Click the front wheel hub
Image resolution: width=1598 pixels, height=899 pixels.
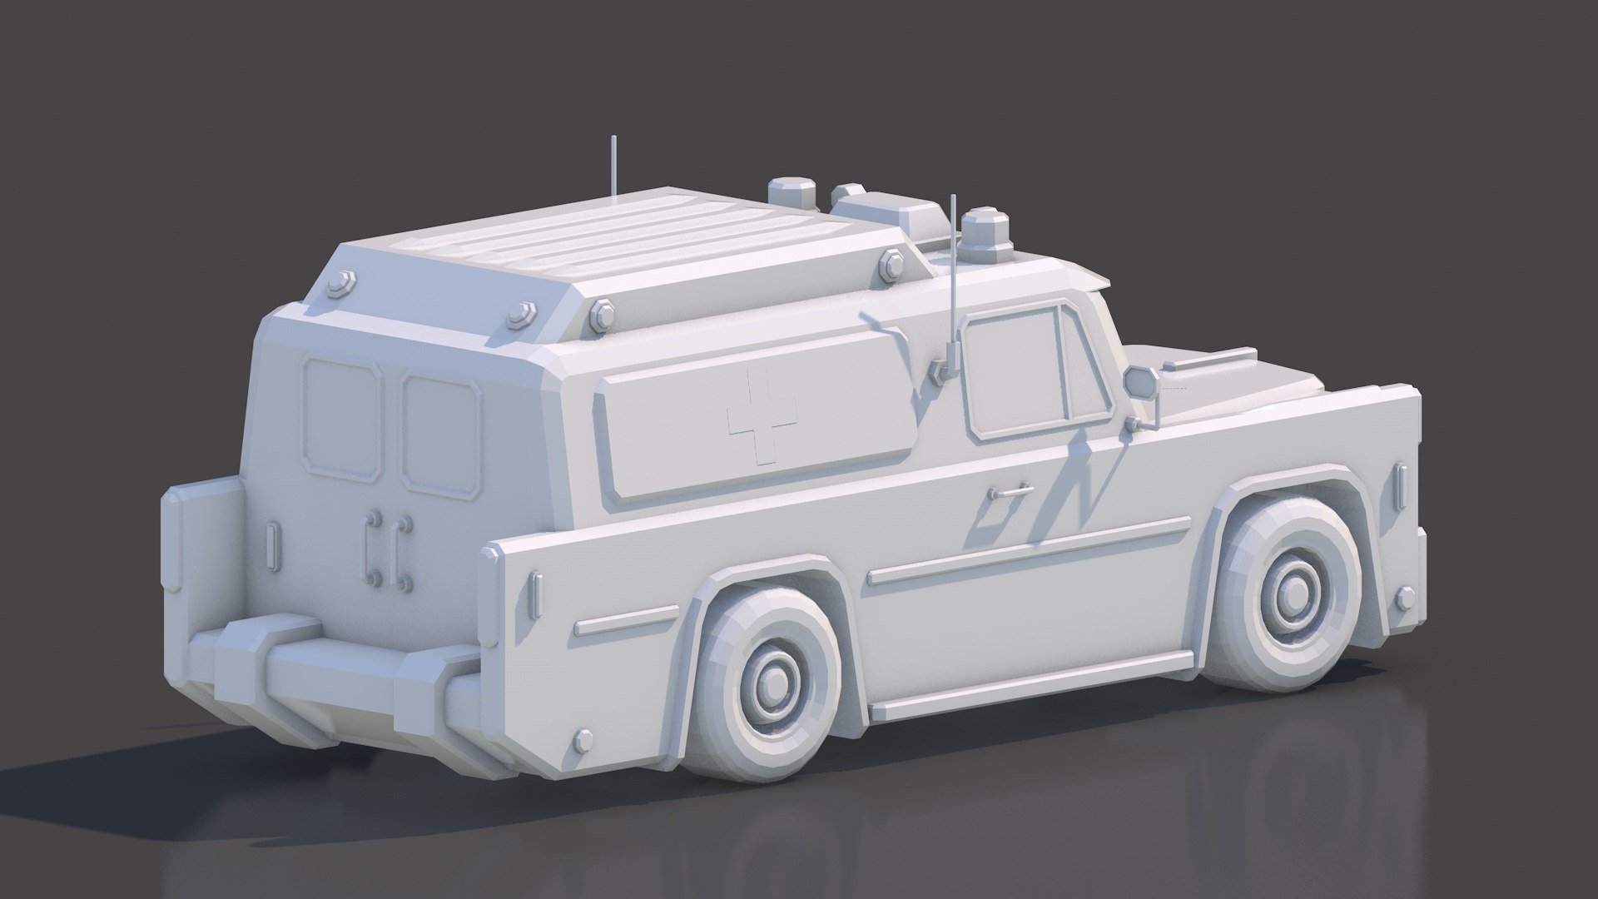(1293, 592)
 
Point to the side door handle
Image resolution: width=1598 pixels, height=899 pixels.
(1010, 492)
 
